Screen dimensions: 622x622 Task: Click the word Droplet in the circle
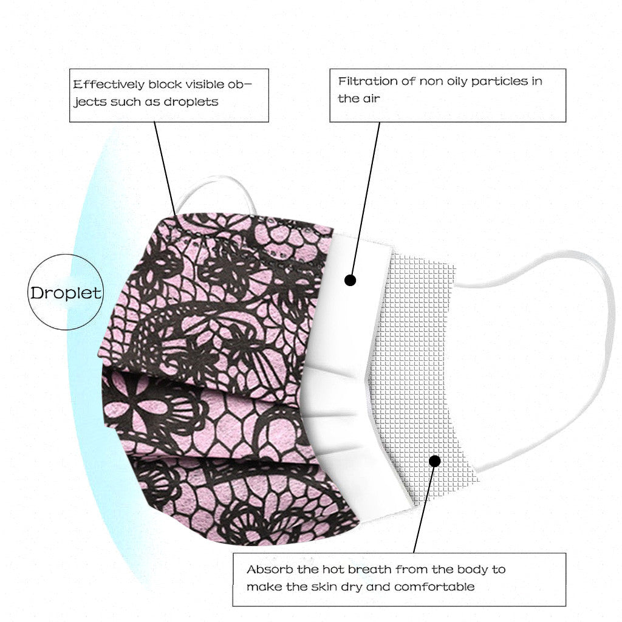(66, 293)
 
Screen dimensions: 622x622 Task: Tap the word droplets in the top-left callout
(191, 101)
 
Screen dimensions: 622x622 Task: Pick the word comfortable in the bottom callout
(434, 587)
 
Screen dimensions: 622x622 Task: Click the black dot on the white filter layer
(350, 280)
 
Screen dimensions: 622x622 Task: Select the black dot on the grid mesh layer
(434, 461)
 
